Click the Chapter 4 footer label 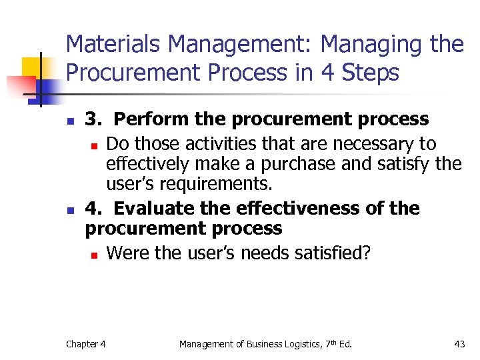[85, 344]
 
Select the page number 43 [459, 344]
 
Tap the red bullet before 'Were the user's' [95, 255]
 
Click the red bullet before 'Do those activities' [95, 145]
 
